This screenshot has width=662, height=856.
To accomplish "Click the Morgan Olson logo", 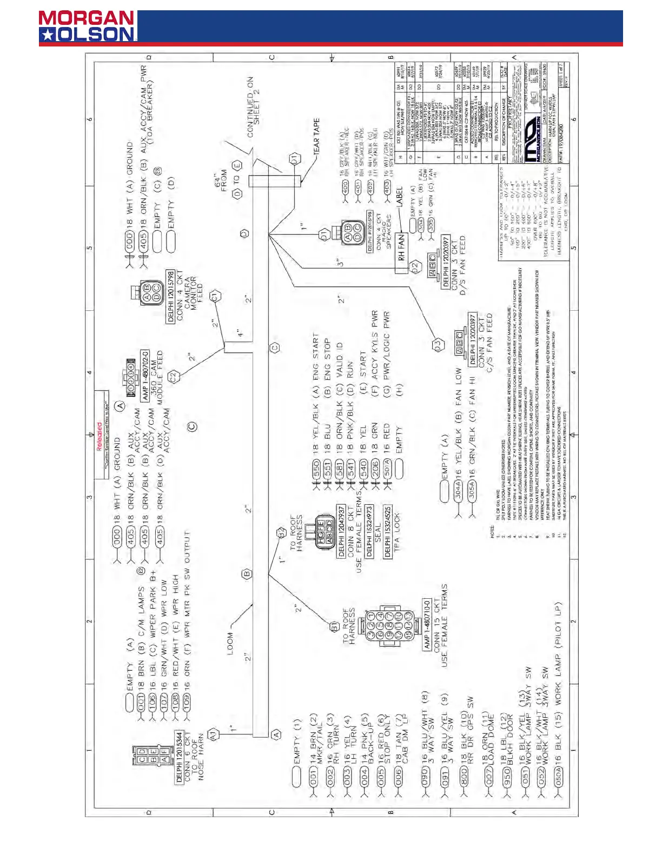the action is pos(87,26).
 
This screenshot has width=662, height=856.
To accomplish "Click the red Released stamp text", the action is pos(99,437).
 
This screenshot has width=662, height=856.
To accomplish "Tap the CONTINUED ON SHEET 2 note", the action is pos(254,108).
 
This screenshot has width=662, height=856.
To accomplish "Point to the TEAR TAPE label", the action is pos(316,136).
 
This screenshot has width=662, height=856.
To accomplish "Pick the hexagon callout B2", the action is pos(282,533).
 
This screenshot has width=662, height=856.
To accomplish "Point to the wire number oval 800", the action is pos(464,780).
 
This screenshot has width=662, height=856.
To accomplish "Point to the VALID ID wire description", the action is pos(340,355).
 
